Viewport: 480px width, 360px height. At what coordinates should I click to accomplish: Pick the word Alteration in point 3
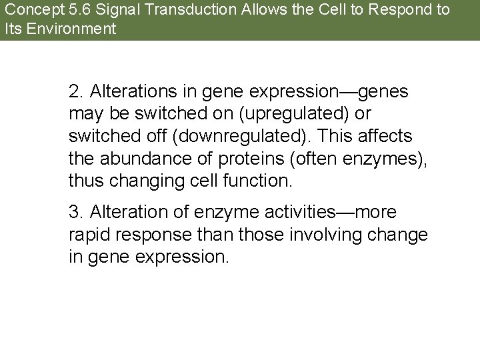tap(124, 212)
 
